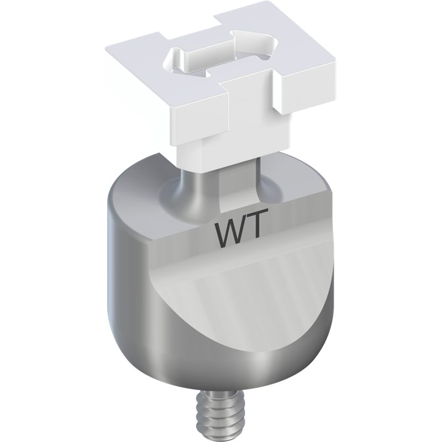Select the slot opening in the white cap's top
click(222, 57)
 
